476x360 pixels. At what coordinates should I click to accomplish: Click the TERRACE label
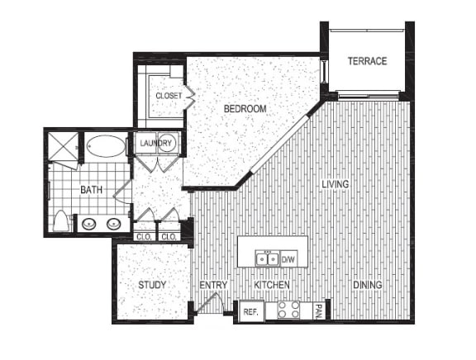[x=367, y=61]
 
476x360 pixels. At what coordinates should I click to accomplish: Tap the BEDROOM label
[x=245, y=109]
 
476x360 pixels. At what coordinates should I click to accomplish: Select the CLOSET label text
[x=169, y=96]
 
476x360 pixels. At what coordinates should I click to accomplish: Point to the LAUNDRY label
[x=155, y=144]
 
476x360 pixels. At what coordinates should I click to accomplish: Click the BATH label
[x=91, y=190]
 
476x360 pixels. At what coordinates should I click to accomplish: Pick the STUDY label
[x=152, y=285]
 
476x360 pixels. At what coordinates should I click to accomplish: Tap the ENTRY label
[x=213, y=286]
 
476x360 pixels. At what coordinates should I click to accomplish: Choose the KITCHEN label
[x=271, y=286]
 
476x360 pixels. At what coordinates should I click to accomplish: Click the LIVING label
[x=336, y=184]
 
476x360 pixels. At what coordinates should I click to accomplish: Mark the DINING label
[x=367, y=286]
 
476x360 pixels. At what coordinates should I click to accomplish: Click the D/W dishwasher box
[x=288, y=258]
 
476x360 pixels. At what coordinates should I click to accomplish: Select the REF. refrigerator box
[x=250, y=312]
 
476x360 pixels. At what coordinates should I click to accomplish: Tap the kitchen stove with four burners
[x=288, y=310]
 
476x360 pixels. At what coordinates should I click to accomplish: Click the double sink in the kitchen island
[x=267, y=258]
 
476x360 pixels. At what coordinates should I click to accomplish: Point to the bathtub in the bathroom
[x=106, y=147]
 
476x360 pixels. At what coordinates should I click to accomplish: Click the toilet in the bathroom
[x=60, y=221]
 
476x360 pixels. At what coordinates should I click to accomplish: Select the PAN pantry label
[x=318, y=310]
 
